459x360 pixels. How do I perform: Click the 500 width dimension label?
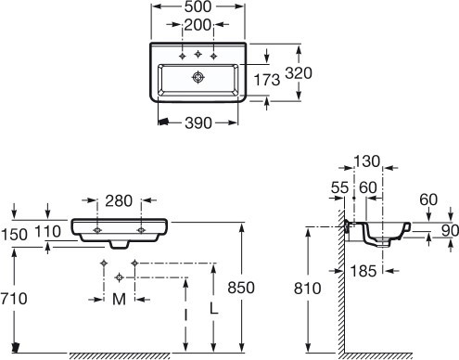point(198,6)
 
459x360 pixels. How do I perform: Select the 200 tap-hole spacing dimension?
point(198,25)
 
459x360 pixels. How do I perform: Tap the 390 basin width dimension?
point(198,123)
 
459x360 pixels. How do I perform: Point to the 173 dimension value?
point(267,80)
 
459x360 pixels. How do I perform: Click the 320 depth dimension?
point(299,73)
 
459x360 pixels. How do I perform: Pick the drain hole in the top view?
point(198,77)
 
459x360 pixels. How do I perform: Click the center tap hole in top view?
point(198,55)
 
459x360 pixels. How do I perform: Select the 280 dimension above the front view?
point(119,201)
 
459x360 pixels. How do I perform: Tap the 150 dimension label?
point(14,235)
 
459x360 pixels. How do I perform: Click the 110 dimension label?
point(47,232)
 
